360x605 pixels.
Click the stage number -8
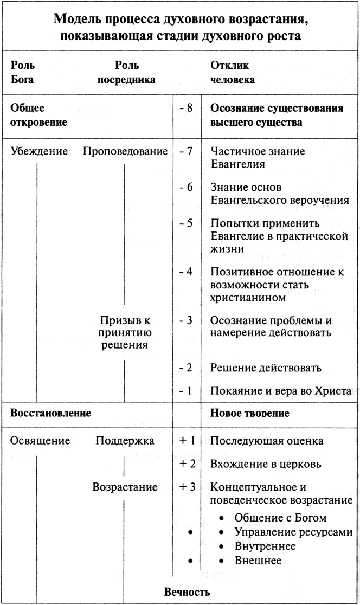186,108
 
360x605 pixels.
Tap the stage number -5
186,223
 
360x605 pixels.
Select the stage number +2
186,464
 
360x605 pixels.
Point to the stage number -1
186,390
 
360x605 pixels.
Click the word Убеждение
40,151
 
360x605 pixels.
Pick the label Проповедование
125,151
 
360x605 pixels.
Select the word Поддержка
125,440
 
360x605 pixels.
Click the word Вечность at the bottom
187,591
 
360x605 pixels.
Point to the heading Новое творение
249,413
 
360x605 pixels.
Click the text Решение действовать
266,368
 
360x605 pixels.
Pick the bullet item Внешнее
258,561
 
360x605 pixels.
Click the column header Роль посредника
126,73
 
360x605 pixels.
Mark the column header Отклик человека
233,73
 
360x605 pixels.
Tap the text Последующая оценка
267,440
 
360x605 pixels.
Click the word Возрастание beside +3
125,487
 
